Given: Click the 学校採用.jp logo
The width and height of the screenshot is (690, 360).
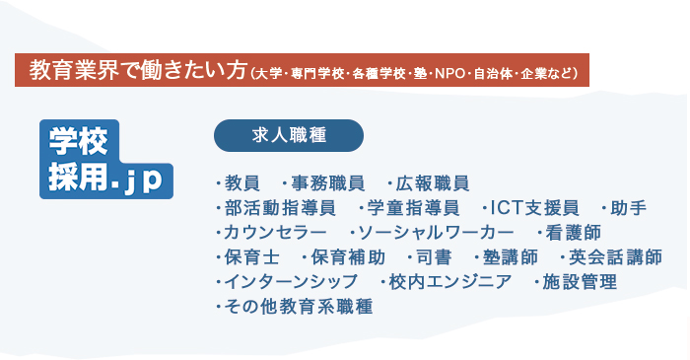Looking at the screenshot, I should [105, 160].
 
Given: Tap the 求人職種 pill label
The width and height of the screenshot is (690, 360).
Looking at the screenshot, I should [289, 135].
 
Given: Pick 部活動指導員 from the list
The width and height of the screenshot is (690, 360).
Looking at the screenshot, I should [281, 208].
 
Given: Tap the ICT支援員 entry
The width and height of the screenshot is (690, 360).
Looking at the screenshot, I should [534, 208].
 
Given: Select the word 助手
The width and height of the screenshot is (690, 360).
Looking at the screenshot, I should [628, 208].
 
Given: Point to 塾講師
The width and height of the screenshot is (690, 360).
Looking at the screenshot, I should [511, 257].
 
